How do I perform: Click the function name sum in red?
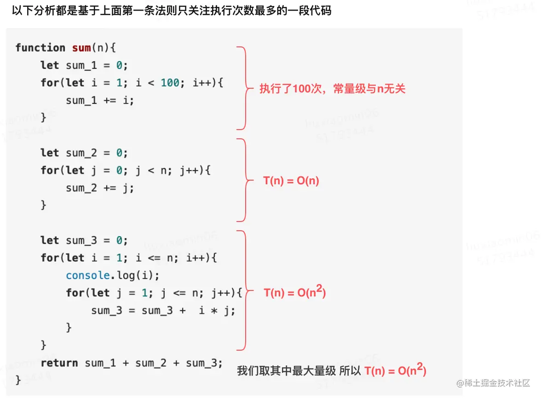81,48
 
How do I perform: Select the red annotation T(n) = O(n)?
291,181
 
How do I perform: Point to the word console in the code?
88,275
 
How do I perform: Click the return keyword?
59,363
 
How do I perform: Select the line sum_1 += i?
100,100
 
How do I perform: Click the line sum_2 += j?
100,188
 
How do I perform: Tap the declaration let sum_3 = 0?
84,240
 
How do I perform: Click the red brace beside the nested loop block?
244,290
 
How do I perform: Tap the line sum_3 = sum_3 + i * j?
163,311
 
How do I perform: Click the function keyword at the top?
40,48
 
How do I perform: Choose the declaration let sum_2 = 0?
84,153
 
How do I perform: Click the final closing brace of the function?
18,380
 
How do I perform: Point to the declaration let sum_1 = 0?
84,65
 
